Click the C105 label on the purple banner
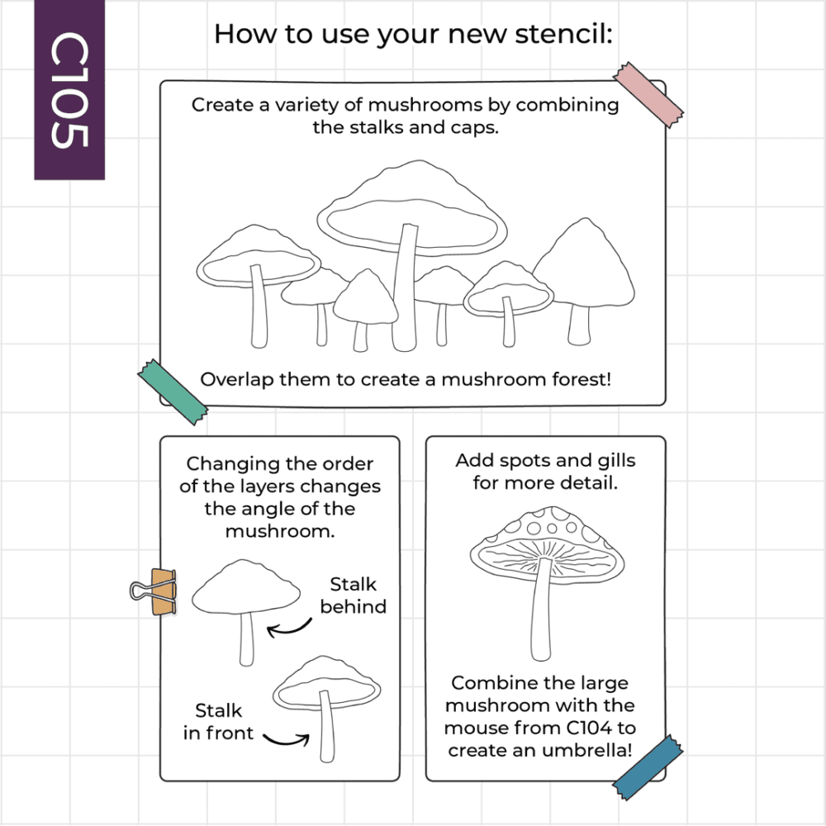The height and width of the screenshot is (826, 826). [69, 90]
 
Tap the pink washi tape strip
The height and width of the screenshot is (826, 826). [648, 95]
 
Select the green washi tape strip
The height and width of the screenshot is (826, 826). [173, 392]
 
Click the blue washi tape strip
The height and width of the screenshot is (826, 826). [648, 767]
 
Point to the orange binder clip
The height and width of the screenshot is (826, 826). [154, 591]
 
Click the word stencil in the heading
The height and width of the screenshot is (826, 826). [563, 34]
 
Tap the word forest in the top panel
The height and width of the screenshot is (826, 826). [582, 379]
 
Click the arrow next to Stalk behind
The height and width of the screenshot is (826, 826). [288, 629]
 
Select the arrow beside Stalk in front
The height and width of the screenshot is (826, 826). [287, 739]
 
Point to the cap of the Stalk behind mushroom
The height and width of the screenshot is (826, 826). [246, 587]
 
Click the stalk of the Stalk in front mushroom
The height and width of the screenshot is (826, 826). [327, 726]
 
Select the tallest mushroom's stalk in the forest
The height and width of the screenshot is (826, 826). [406, 287]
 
